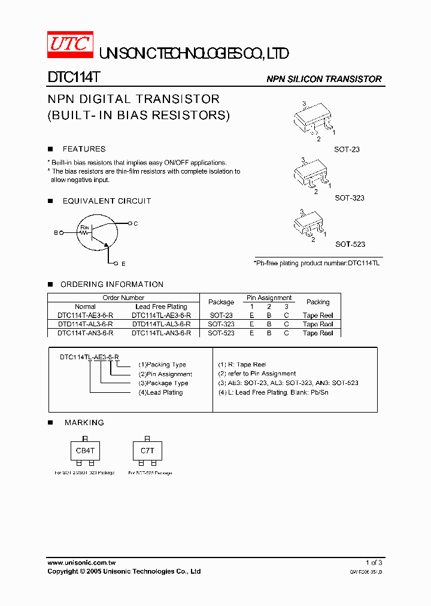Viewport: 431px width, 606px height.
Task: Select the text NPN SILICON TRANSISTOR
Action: point(324,79)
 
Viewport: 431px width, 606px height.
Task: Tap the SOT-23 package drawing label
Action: point(347,149)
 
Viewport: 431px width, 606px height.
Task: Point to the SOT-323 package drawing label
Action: point(349,198)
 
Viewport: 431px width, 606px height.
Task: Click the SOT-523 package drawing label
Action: point(350,244)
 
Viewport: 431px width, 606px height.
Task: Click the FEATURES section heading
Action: point(84,149)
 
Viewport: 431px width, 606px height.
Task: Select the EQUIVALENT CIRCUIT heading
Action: point(107,201)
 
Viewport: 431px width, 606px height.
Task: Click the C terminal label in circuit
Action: point(136,223)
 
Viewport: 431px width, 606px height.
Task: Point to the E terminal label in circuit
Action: point(123,263)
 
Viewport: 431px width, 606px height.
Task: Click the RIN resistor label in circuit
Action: point(84,228)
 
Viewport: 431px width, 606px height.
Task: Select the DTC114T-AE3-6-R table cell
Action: point(85,315)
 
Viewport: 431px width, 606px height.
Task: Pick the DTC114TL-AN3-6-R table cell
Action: point(161,332)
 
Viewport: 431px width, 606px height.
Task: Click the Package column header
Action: point(221,302)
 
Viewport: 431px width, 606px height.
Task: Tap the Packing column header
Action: point(318,302)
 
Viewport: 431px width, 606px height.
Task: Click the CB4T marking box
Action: point(85,451)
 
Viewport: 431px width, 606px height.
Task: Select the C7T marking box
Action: point(147,451)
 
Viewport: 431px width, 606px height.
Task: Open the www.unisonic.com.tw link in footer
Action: point(81,563)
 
